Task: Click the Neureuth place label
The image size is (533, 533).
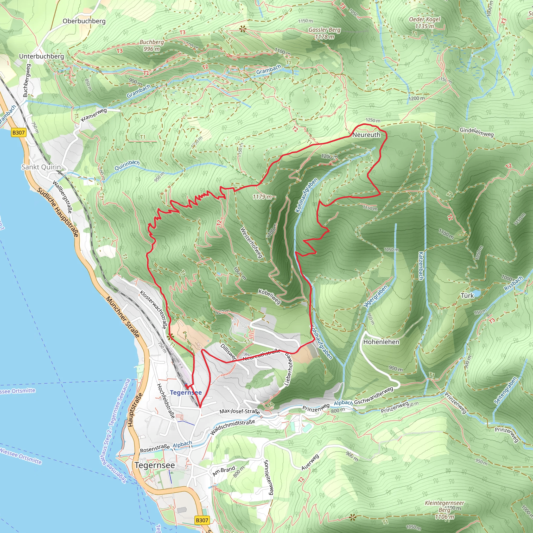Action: point(366,135)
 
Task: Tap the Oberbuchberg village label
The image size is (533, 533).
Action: point(84,21)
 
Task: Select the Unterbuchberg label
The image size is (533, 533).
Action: point(41,56)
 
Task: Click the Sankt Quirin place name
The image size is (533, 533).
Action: point(41,167)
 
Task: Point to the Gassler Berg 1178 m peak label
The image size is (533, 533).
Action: point(325,33)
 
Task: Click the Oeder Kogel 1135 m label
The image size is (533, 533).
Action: point(424,23)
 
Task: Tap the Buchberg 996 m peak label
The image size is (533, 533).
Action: point(151,46)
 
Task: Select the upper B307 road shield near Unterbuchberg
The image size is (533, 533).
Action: point(18,133)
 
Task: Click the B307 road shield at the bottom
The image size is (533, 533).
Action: point(202,520)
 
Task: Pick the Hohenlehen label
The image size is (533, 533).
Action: point(381,342)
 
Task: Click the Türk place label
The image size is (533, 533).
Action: point(467,296)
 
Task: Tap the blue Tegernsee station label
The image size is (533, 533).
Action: point(186,392)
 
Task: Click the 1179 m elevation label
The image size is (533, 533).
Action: point(262,197)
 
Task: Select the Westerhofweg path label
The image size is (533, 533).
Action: point(251,243)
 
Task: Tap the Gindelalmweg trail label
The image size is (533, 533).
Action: point(477,132)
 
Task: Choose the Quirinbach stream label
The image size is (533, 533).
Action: point(127,166)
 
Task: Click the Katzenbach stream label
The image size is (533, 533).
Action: point(421,266)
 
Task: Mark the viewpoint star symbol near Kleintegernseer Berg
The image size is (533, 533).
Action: point(353,517)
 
